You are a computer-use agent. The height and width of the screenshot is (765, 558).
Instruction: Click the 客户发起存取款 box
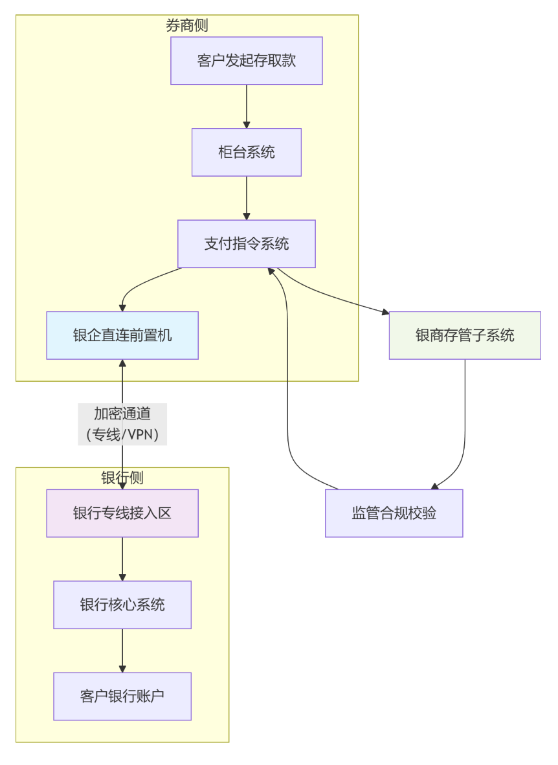[x=246, y=61]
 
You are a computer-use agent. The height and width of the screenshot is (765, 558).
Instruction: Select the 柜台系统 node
[x=246, y=152]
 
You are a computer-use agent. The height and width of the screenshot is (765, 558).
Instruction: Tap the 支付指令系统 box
[x=246, y=244]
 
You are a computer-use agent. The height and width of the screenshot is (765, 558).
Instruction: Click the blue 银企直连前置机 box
[x=122, y=335]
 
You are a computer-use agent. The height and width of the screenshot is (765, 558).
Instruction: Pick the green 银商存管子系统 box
[x=464, y=335]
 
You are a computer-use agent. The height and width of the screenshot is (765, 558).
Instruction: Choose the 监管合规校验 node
[x=394, y=513]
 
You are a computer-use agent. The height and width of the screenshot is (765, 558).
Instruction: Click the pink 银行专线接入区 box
[x=122, y=513]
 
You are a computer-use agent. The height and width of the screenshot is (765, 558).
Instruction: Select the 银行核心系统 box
[x=122, y=604]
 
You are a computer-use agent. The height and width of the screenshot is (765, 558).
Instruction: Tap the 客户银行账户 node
[x=122, y=696]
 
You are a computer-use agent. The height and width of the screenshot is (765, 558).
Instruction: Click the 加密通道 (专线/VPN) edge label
[x=122, y=424]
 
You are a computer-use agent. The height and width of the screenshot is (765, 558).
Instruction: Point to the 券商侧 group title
[x=186, y=26]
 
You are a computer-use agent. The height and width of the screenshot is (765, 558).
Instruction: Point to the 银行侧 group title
[x=122, y=478]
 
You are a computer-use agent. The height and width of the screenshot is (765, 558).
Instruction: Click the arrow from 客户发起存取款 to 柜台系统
[x=246, y=106]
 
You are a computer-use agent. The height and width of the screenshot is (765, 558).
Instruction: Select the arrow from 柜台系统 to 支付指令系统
[x=246, y=197]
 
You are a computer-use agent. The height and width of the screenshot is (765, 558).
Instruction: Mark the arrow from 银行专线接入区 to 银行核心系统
[x=122, y=559]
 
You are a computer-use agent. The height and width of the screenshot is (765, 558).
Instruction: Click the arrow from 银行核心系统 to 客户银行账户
[x=122, y=650]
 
